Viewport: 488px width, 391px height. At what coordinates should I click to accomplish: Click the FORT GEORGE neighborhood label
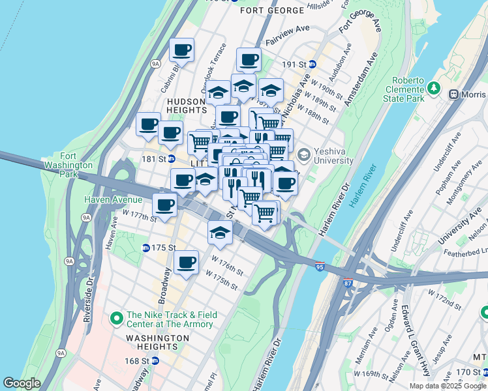point(272,10)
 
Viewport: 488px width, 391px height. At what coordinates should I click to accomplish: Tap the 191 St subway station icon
point(313,65)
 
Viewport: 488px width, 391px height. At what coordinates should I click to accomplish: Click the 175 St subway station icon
point(146,248)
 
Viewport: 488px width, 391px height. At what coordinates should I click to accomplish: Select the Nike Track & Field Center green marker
point(117,319)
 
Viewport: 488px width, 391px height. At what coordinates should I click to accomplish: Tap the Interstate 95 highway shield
point(319,267)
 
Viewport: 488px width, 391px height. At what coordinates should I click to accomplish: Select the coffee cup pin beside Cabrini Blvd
point(182,50)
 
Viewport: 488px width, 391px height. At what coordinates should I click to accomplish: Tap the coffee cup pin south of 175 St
point(187,262)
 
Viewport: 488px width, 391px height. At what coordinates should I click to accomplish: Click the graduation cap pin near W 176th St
point(220,232)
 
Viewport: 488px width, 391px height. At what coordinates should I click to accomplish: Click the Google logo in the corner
point(22,384)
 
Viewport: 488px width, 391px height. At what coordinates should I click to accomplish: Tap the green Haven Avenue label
point(112,199)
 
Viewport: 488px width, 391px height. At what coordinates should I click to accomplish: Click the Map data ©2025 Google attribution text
point(447,386)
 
